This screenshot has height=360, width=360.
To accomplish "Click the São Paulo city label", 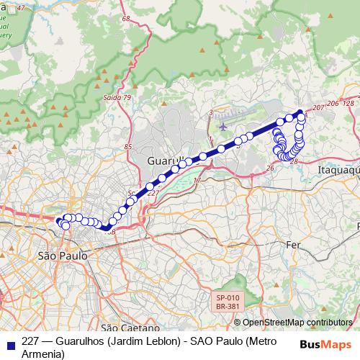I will [61, 256].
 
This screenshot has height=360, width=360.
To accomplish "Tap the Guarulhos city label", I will [166, 160].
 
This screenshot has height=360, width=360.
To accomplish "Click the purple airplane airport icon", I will [222, 127].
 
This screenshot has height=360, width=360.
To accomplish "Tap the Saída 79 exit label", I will [117, 97].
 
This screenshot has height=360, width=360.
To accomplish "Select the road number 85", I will [128, 147].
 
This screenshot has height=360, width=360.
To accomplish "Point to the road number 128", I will [348, 104].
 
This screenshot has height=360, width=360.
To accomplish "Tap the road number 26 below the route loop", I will [270, 168].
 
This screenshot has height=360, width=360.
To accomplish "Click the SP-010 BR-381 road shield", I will [228, 302].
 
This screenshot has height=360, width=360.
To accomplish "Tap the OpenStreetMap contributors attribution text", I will [297, 323].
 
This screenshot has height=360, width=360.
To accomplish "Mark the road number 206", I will [332, 104].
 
